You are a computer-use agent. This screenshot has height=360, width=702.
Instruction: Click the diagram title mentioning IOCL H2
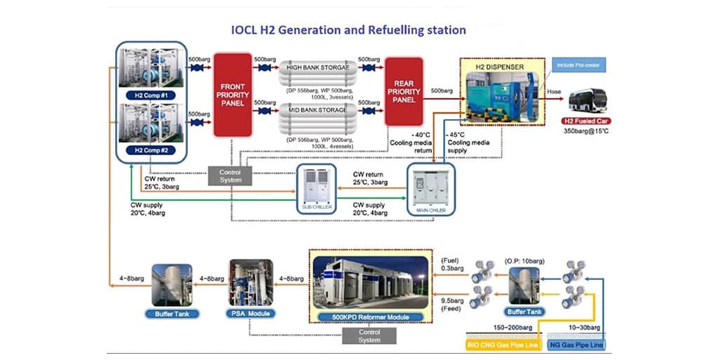[348, 30]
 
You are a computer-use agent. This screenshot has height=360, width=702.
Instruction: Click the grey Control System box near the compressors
[230, 176]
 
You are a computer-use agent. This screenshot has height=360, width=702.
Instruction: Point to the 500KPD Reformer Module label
[369, 316]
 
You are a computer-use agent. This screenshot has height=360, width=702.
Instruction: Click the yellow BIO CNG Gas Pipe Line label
[500, 344]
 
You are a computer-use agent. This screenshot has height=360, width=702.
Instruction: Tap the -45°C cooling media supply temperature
[459, 135]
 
